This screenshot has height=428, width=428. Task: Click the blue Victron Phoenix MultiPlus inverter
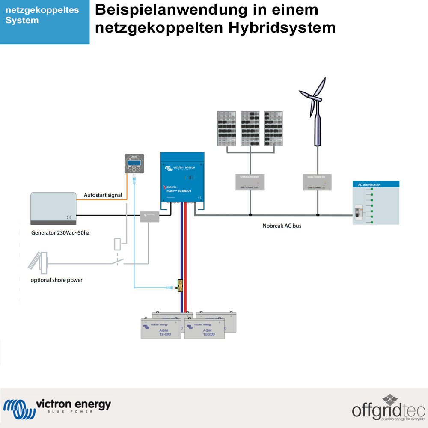pos(182,177)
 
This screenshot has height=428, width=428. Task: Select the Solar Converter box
pos(250,182)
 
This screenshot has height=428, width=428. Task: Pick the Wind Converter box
pos(317,182)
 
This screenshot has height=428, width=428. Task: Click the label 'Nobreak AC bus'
pos(282,226)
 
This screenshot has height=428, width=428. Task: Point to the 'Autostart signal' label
pos(103,195)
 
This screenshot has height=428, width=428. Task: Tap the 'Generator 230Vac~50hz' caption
pos(63,233)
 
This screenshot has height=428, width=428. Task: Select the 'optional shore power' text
pos(56,280)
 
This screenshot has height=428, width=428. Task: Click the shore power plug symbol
pos(39,261)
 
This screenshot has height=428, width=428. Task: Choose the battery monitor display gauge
pos(134,163)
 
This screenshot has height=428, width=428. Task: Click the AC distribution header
pos(375,185)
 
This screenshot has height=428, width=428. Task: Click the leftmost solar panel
pos(226,129)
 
